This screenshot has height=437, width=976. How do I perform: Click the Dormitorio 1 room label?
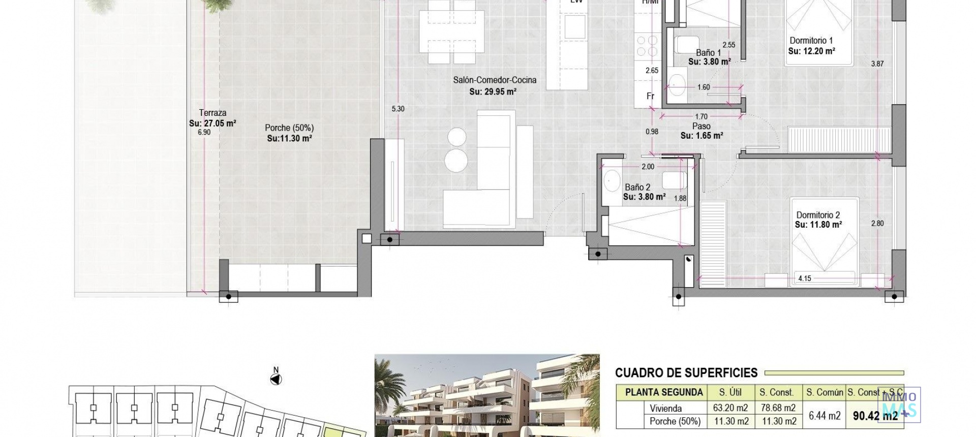[811, 41]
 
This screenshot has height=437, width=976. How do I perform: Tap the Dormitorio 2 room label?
[818, 215]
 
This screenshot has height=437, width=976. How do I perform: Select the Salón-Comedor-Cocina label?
[495, 80]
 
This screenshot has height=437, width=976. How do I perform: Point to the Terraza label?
[212, 113]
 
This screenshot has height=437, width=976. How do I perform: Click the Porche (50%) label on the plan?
[289, 128]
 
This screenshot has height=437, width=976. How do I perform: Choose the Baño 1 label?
[708, 52]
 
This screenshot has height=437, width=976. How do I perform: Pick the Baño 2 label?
[637, 187]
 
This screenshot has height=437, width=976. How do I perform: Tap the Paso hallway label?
[701, 126]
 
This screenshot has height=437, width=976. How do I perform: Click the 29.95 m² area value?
[493, 92]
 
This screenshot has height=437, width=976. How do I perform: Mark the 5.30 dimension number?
[398, 109]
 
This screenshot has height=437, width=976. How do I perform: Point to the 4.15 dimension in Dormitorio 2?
[805, 278]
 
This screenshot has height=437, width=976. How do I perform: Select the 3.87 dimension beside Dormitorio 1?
[877, 64]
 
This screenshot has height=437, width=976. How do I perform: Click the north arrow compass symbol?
[276, 379]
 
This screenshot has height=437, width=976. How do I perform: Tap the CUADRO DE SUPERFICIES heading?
[686, 373]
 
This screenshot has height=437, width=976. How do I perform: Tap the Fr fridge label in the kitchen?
[650, 96]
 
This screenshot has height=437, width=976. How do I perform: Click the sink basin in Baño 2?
[611, 179]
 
